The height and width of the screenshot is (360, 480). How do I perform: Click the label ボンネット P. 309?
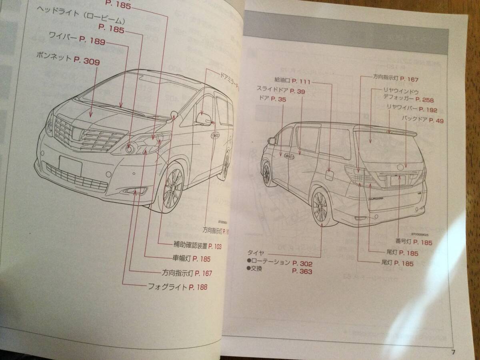[67, 61]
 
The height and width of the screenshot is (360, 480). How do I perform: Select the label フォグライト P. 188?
[178, 287]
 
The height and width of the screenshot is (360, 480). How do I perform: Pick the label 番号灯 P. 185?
[414, 242]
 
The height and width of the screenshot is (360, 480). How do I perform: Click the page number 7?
[453, 352]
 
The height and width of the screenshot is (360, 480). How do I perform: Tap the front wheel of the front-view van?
[173, 188]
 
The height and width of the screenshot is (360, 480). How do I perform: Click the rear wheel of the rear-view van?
[322, 208]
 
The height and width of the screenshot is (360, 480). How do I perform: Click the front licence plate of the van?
[70, 165]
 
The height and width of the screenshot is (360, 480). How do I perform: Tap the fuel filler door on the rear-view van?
[330, 175]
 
